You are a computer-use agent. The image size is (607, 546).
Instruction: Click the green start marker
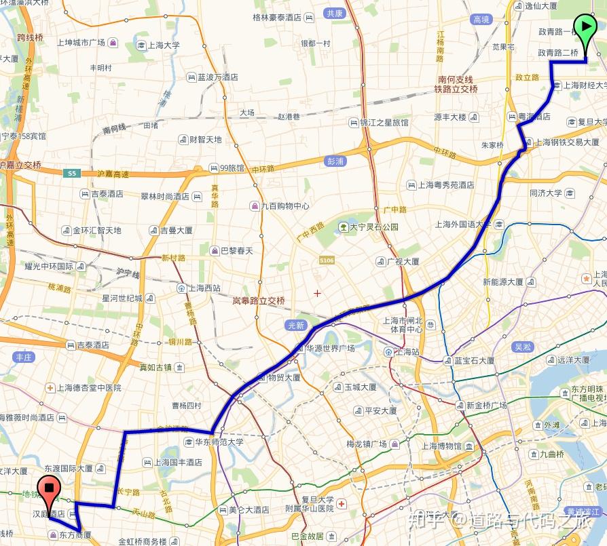584,29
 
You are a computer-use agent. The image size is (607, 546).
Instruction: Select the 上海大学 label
166,45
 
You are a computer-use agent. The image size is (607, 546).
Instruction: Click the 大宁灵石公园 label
373,227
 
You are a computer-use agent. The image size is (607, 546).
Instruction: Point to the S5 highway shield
71,174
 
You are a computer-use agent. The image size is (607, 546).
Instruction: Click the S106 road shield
326,260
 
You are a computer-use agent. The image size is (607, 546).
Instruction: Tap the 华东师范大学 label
219,442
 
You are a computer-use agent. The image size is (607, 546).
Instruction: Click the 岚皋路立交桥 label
258,300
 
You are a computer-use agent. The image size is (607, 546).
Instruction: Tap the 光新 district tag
296,326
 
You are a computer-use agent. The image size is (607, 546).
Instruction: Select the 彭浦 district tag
335,161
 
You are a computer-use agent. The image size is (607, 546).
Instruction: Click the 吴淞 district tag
522,347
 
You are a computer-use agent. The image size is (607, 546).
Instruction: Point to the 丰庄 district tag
24,357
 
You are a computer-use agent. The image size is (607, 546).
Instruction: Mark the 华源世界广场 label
329,349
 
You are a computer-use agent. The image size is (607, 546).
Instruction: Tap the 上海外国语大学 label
462,225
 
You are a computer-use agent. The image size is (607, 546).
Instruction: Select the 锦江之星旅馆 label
384,123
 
